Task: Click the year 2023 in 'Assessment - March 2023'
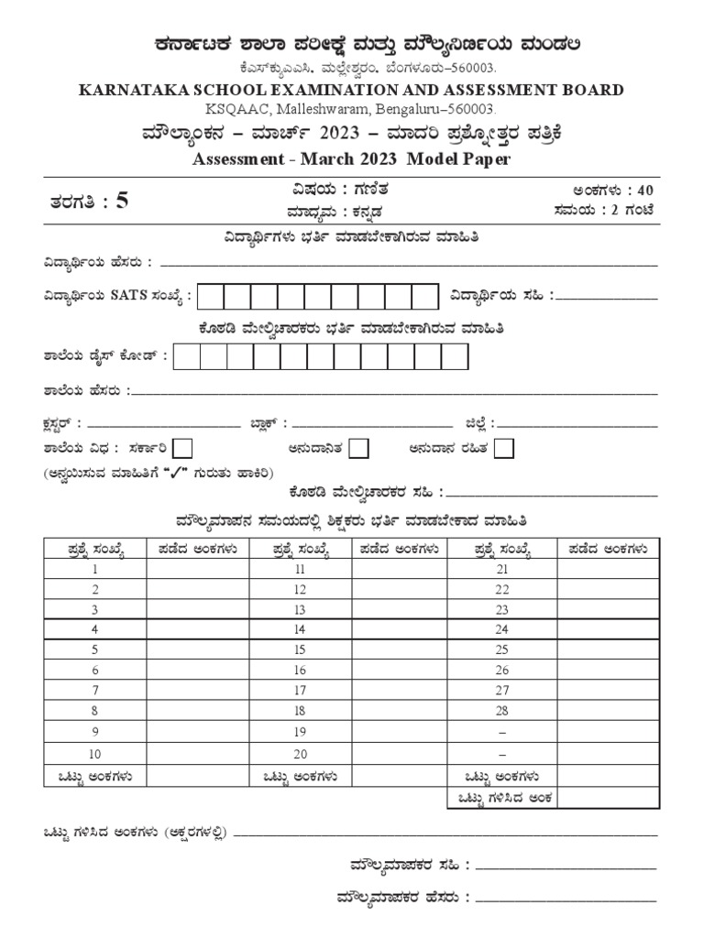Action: [x=372, y=158]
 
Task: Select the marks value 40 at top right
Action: [x=644, y=191]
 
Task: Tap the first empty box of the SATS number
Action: [x=210, y=297]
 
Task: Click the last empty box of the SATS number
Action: [x=425, y=297]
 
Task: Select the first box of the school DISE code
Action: [x=186, y=357]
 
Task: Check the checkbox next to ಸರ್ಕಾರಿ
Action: [x=183, y=448]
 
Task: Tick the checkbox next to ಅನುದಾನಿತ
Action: [x=359, y=448]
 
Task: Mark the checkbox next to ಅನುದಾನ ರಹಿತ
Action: [x=503, y=448]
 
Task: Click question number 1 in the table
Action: [x=94, y=569]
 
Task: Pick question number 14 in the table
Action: [x=299, y=629]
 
